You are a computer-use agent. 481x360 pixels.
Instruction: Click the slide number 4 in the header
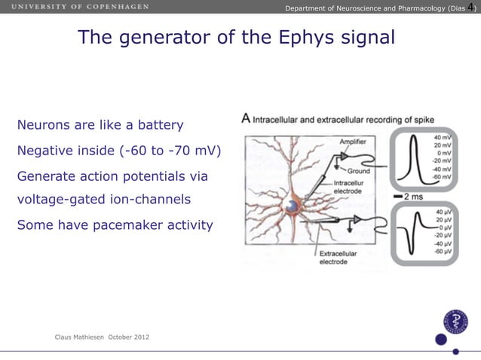(x=470, y=8)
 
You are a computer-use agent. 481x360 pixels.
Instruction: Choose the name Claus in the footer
(x=66, y=337)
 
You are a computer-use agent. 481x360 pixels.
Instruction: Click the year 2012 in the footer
(x=141, y=337)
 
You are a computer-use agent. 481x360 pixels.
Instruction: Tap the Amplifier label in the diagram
(x=354, y=142)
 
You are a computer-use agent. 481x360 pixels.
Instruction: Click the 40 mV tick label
(x=443, y=138)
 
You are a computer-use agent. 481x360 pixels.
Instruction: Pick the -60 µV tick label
(x=443, y=252)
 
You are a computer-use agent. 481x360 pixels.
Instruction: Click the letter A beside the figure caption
(x=246, y=118)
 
